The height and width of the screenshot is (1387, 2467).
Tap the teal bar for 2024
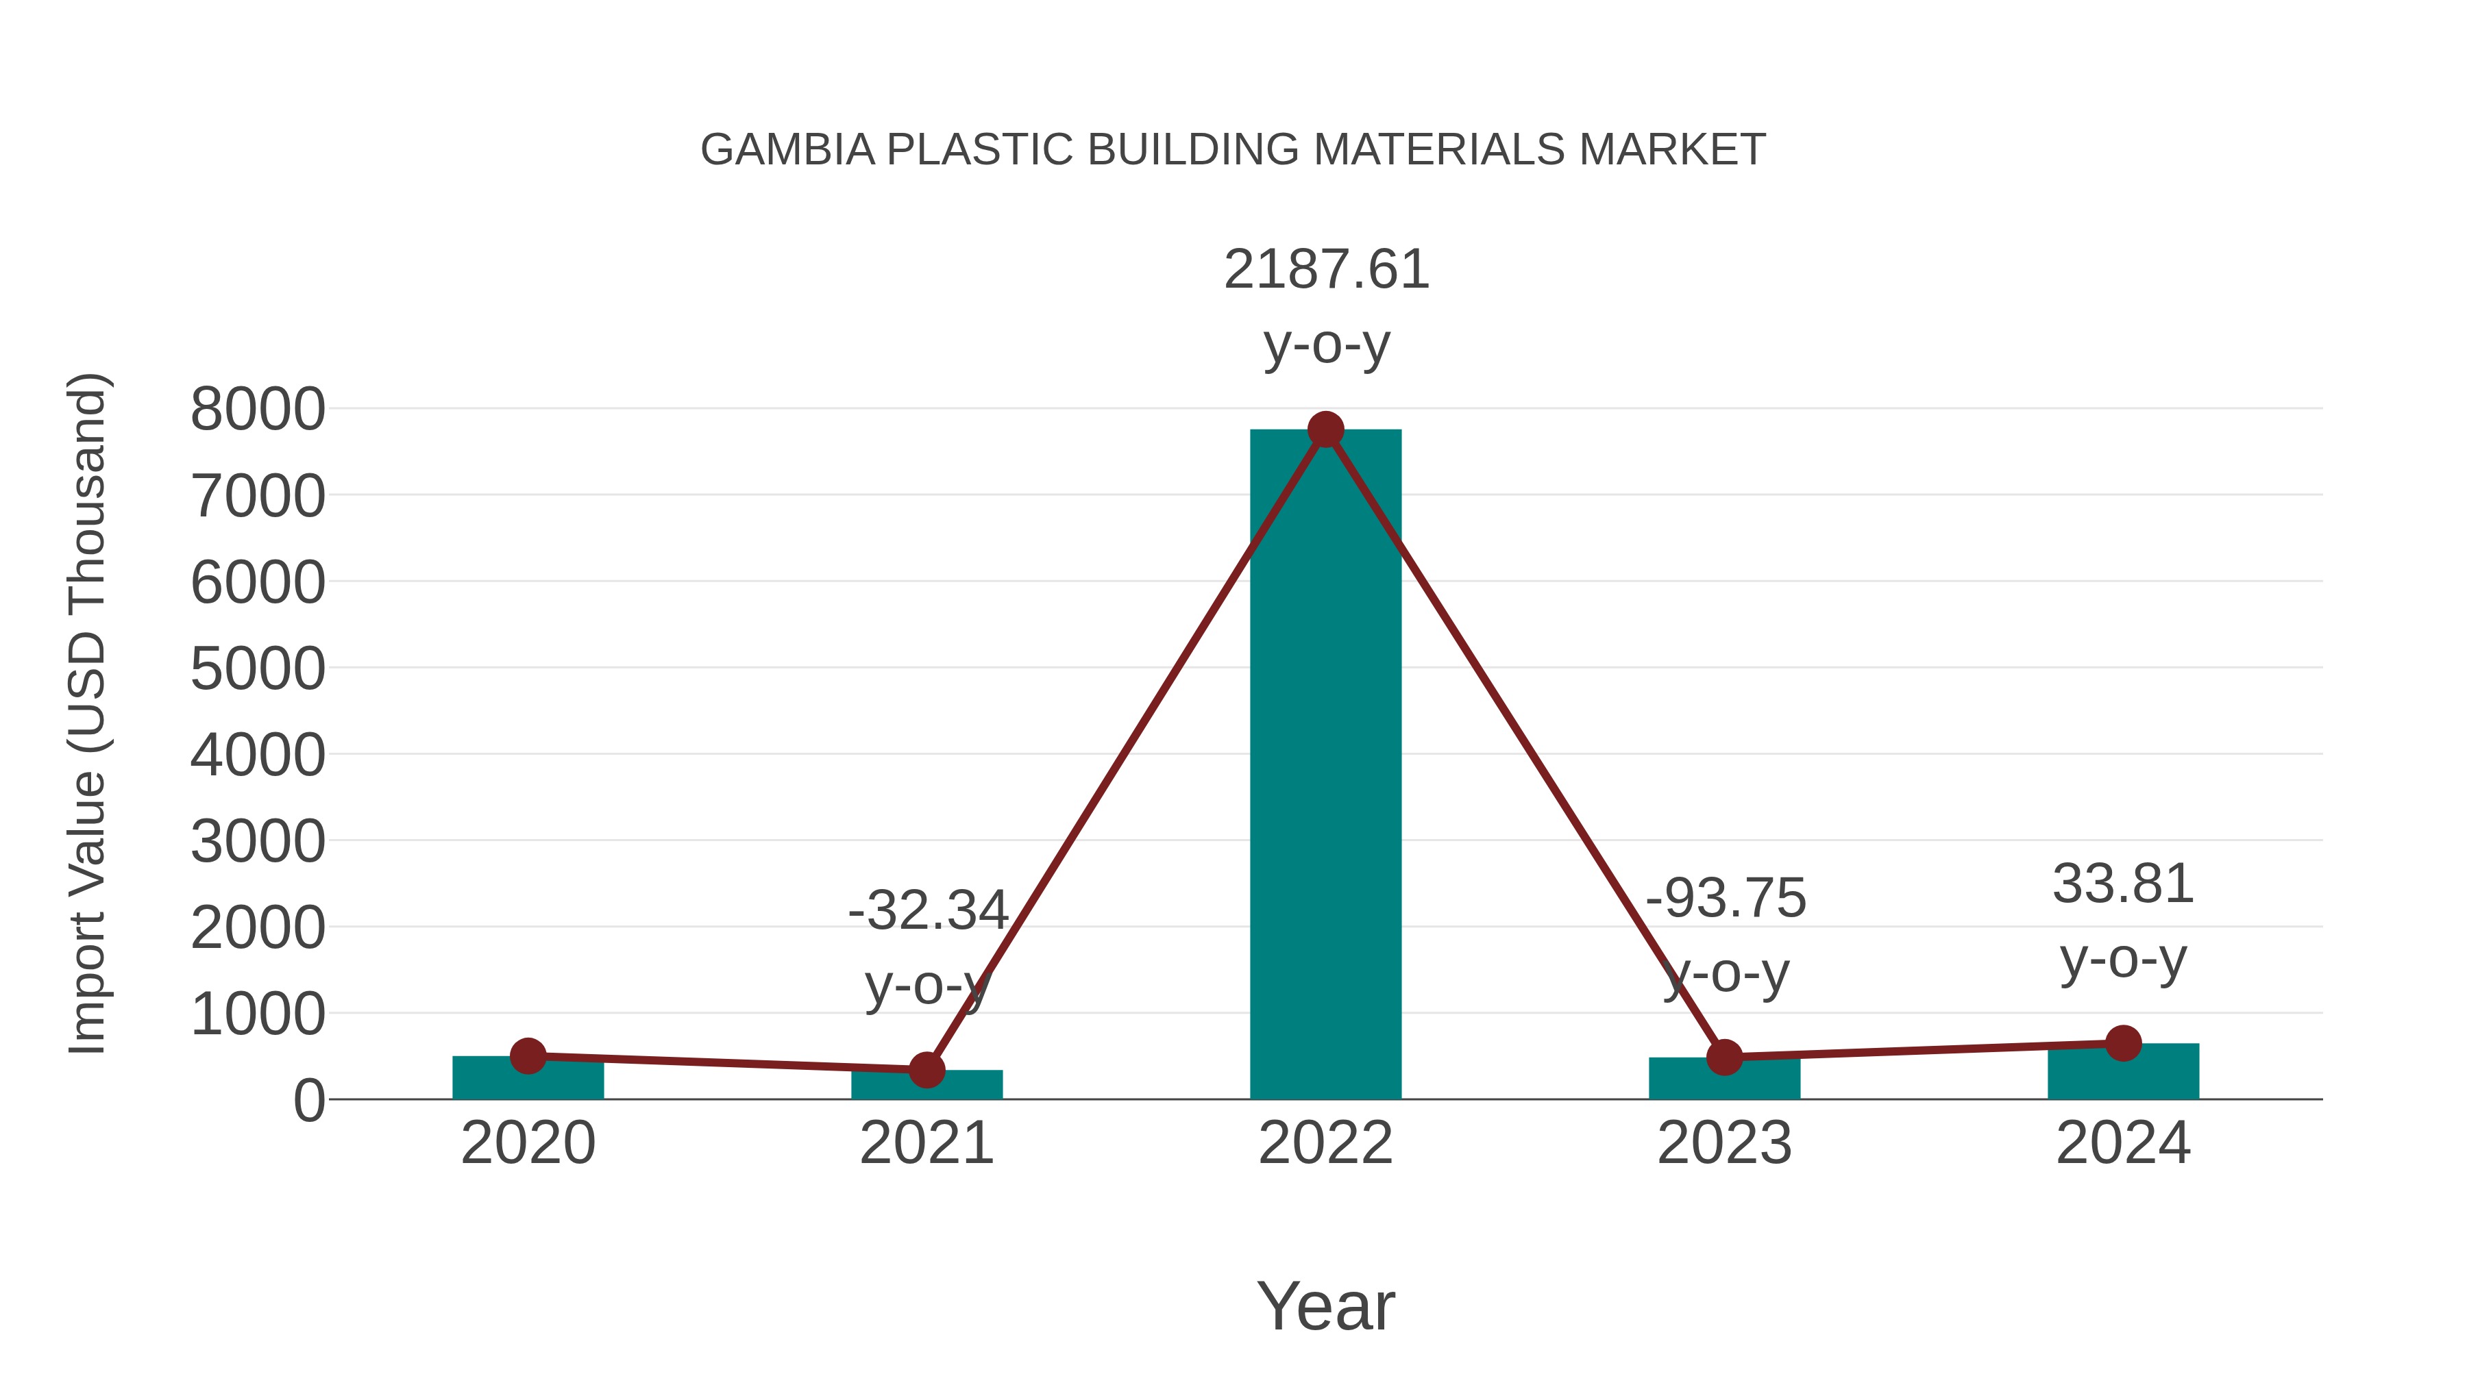tap(2122, 1075)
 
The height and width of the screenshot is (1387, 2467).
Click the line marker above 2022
tap(1325, 429)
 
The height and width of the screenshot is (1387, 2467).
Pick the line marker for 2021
tap(926, 1070)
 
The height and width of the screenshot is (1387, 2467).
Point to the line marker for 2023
tap(1724, 1058)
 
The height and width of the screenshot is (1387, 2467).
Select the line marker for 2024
tap(2123, 1043)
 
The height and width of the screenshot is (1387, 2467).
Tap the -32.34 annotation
tap(928, 910)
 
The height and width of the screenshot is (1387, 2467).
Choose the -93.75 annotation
tap(1726, 899)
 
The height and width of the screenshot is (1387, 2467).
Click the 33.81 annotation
tap(2123, 884)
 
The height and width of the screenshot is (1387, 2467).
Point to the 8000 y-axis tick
tap(258, 410)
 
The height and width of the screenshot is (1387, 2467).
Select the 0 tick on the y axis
tap(309, 1101)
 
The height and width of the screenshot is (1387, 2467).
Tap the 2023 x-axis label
tap(1724, 1143)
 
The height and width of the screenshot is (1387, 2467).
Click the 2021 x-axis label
tap(926, 1143)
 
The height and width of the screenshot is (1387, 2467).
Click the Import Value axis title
tap(86, 713)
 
